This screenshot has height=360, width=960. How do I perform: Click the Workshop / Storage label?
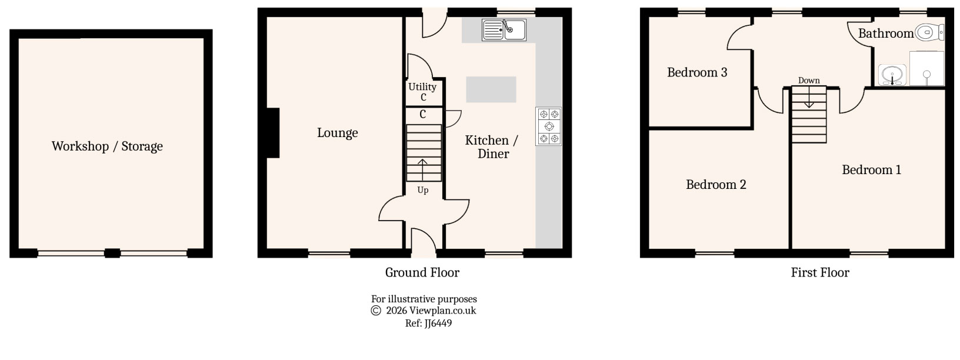(107, 146)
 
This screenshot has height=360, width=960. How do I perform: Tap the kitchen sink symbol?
(505, 29)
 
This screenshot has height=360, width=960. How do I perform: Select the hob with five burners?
(549, 126)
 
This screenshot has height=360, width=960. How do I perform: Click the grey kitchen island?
(491, 89)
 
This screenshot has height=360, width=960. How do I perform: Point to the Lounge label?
(337, 133)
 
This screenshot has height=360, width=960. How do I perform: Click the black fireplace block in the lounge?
(272, 133)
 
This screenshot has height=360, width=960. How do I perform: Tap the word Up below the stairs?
(422, 190)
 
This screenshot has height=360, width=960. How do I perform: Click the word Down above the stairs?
(809, 81)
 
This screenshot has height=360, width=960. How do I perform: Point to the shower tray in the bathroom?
(927, 68)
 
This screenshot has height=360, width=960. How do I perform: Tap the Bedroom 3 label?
(697, 72)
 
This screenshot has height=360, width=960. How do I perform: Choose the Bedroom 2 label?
(716, 185)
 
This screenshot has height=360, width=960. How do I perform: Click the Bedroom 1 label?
(871, 170)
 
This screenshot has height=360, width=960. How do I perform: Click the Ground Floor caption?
(422, 272)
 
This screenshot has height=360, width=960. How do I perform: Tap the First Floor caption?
(819, 272)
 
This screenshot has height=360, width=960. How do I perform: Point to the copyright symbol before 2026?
(376, 311)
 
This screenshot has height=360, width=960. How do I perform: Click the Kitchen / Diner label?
(492, 147)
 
